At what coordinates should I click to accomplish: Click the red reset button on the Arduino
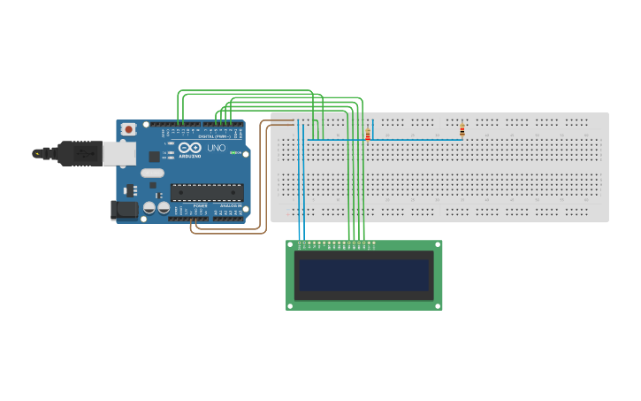128,129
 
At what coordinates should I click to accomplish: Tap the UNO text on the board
216,148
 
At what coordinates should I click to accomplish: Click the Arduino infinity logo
189,148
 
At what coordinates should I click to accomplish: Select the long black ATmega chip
207,191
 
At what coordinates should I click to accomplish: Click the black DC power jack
123,210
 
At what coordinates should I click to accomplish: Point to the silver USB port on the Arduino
118,153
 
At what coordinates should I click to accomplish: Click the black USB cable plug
80,153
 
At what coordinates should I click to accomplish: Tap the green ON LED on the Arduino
234,153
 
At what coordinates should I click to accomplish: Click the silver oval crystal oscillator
152,173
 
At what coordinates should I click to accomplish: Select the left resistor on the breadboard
368,135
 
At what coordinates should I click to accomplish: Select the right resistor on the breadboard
462,130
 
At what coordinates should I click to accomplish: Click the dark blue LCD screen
363,275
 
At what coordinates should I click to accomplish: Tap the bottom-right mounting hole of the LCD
438,305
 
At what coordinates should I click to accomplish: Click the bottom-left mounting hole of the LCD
291,305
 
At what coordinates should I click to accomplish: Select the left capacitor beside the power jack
149,208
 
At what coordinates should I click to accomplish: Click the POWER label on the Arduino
201,205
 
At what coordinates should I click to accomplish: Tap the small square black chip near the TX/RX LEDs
155,156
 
